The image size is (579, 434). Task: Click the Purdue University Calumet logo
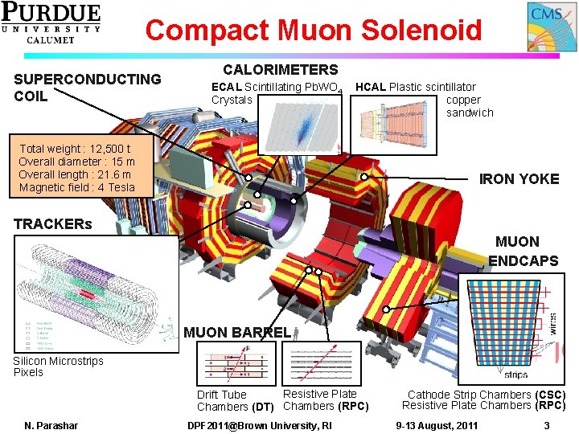click(x=51, y=22)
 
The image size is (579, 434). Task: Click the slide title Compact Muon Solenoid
click(x=313, y=30)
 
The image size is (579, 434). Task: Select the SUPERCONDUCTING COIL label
click(x=87, y=88)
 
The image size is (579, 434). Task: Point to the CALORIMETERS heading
click(x=280, y=70)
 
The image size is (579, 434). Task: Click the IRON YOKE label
click(x=519, y=178)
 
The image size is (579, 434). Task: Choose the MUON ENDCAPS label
click(x=523, y=251)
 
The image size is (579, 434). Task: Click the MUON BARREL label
click(x=237, y=332)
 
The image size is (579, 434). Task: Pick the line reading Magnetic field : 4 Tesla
click(x=76, y=187)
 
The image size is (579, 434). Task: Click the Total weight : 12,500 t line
click(x=74, y=149)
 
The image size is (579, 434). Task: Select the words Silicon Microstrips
click(x=58, y=361)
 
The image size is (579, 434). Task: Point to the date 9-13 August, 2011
click(x=438, y=425)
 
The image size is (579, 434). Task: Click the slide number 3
click(x=547, y=425)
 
